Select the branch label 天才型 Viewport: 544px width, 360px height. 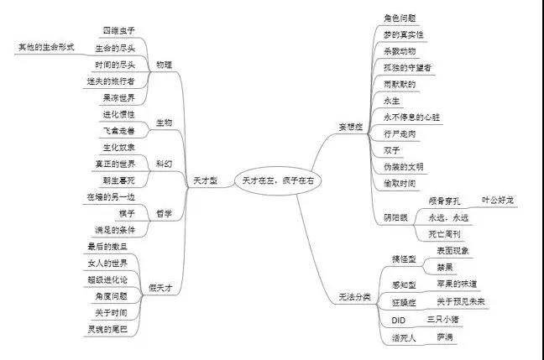point(205,180)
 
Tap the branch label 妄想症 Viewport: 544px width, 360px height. point(348,127)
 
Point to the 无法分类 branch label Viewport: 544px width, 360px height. point(354,297)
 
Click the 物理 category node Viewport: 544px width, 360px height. point(165,65)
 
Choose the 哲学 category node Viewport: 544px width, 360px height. point(164,214)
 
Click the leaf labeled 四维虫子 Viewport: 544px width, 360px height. point(118,31)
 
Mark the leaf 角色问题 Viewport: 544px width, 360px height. point(400,18)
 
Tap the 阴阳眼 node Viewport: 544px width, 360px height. point(396,217)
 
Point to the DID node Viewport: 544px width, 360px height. point(399,321)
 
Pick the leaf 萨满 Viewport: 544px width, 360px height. point(444,337)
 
